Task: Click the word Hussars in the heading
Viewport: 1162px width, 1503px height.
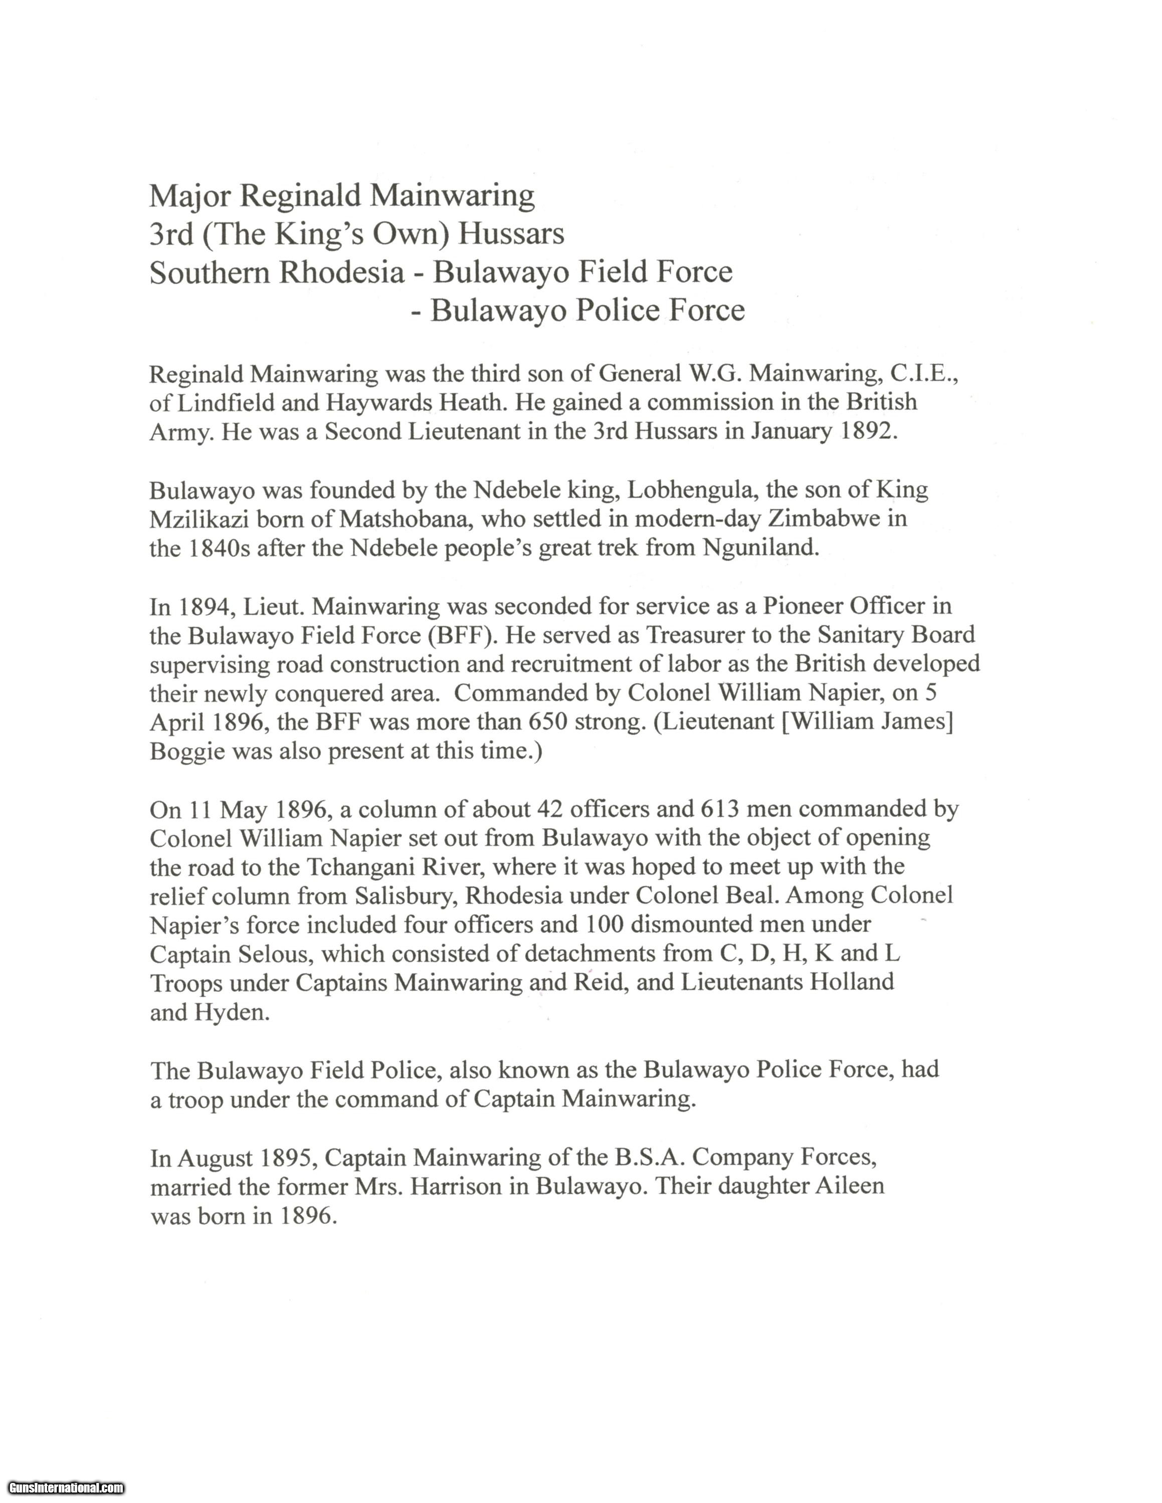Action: [511, 234]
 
